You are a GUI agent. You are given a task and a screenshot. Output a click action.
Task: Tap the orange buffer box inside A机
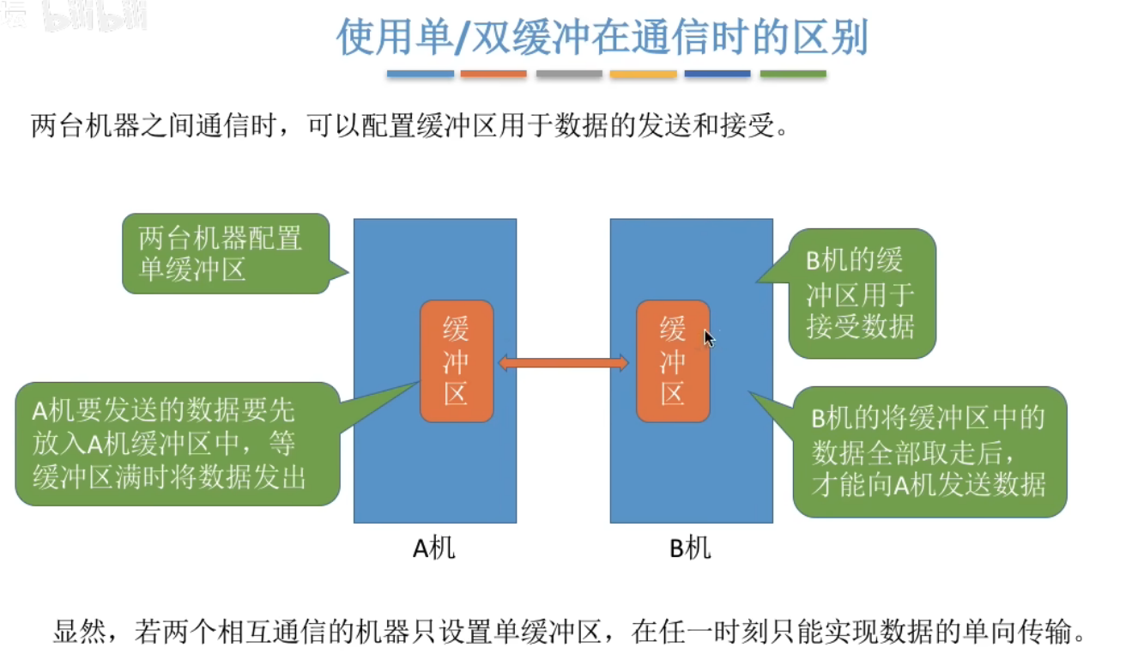tap(457, 360)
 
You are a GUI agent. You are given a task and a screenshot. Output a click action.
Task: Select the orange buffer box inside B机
tap(673, 360)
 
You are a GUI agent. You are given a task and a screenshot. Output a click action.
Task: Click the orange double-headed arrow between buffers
tap(564, 363)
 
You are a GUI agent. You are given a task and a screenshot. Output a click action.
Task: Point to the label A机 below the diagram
tap(434, 548)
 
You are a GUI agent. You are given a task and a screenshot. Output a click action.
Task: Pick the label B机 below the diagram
tap(691, 548)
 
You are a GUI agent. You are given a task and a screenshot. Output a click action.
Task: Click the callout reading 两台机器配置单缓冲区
tap(225, 253)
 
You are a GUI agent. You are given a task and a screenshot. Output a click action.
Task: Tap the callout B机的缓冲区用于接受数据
tap(862, 294)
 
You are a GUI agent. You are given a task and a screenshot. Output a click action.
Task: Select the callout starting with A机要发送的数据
tap(177, 444)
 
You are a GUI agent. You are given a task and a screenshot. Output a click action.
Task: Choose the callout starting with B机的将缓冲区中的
tap(929, 452)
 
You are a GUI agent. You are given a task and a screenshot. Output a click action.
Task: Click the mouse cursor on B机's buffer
tap(709, 338)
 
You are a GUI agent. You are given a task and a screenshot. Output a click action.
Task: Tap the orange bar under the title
tap(493, 75)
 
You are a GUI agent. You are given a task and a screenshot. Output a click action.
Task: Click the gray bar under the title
tap(568, 75)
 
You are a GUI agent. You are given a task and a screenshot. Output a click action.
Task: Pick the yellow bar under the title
tap(643, 75)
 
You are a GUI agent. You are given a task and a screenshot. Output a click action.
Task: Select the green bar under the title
tap(793, 75)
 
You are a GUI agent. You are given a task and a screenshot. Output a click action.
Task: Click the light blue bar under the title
tap(420, 75)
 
